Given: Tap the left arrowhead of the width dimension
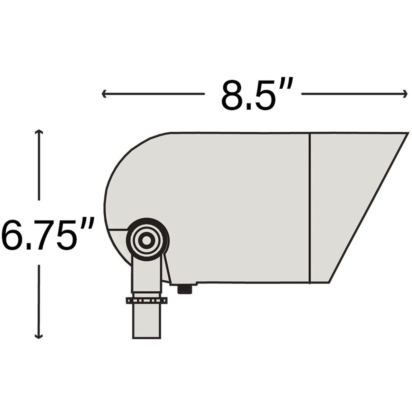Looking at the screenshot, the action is click(104, 94).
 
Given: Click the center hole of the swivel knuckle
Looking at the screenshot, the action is click(147, 240).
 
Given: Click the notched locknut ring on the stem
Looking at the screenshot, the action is click(147, 300).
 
